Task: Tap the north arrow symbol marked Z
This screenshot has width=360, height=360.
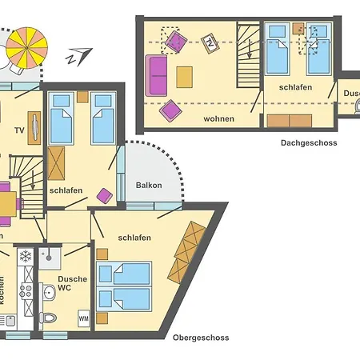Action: (x=75, y=55)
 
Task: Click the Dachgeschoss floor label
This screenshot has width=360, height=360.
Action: (x=309, y=143)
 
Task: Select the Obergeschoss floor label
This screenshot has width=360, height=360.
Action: (x=201, y=338)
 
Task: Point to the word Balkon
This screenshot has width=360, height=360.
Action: (x=149, y=186)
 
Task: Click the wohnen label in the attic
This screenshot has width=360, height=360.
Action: (x=218, y=119)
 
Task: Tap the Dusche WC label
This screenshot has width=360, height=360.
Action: (x=72, y=284)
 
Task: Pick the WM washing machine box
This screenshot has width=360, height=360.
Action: (x=84, y=319)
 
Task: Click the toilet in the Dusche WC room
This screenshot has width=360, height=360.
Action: (x=48, y=318)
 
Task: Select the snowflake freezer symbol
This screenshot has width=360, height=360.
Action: (x=25, y=257)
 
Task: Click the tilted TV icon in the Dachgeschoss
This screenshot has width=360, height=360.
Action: (x=210, y=41)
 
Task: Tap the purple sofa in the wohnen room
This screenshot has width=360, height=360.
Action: (x=156, y=74)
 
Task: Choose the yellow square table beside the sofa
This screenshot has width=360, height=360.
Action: (x=185, y=77)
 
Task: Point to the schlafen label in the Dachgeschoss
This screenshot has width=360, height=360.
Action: (x=295, y=87)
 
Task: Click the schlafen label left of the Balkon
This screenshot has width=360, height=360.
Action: (x=66, y=191)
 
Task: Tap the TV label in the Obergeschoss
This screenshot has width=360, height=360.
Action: (x=20, y=130)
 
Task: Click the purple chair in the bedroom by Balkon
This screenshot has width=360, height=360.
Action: (x=104, y=194)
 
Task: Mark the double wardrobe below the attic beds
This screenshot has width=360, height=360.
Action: (x=289, y=121)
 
